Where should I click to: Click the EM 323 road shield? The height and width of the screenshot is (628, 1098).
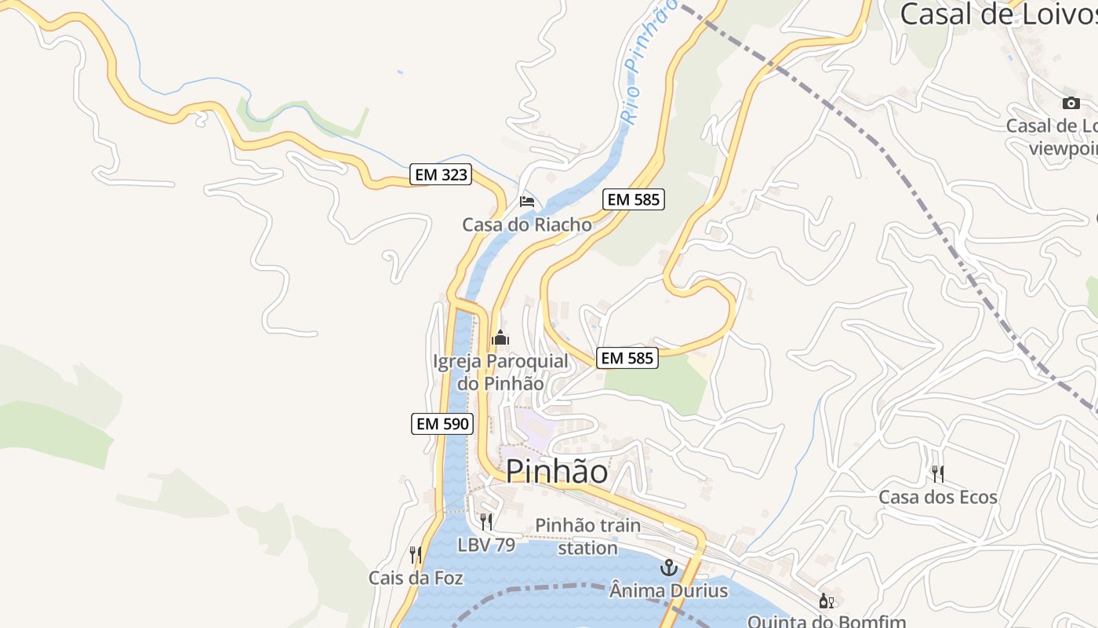click(x=441, y=175)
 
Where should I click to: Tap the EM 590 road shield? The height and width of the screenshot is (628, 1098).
click(x=442, y=424)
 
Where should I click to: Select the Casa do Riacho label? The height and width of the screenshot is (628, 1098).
click(x=527, y=225)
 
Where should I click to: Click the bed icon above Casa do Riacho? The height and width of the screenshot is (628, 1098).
click(x=527, y=202)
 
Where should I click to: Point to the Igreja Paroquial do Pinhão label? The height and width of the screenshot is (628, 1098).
click(x=500, y=372)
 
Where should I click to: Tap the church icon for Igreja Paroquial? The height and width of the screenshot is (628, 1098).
click(x=500, y=338)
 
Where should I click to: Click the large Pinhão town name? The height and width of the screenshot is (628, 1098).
click(x=556, y=471)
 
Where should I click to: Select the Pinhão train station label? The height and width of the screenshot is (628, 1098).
click(x=587, y=536)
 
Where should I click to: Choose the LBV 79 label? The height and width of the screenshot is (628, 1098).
click(x=486, y=544)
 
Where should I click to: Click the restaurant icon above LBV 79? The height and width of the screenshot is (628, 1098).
click(x=486, y=521)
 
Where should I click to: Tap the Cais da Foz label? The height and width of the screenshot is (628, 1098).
click(x=416, y=579)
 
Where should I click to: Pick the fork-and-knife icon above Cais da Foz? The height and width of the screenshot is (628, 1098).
click(x=416, y=555)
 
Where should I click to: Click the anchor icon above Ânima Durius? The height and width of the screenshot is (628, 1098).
click(x=669, y=567)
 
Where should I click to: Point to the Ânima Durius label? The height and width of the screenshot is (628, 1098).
click(x=669, y=590)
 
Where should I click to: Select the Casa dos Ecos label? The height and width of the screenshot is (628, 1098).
click(x=938, y=497)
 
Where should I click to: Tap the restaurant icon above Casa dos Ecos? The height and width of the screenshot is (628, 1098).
click(x=937, y=473)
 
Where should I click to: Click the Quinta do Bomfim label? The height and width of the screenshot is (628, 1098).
click(x=827, y=621)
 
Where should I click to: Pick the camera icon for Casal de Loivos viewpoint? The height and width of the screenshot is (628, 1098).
click(x=1071, y=103)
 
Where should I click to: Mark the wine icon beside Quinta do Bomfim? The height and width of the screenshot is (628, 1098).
click(x=826, y=601)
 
